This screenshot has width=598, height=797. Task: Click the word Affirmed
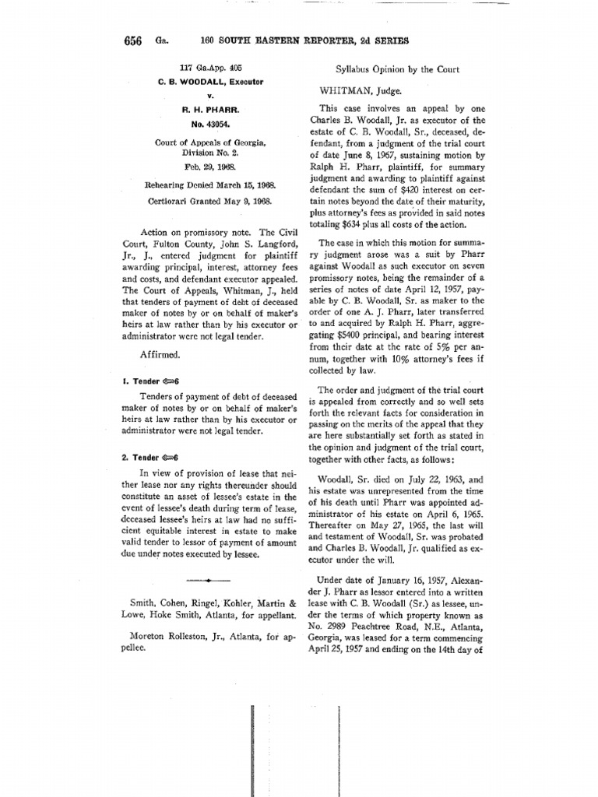[160, 353]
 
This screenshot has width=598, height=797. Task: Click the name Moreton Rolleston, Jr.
[172, 635]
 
